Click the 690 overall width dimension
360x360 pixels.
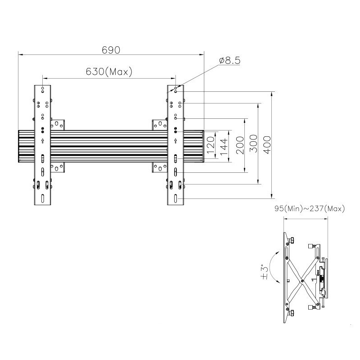point(111,50)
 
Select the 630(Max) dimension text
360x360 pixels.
point(109,72)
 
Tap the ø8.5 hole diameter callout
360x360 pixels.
point(229,60)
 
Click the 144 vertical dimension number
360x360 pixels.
point(224,147)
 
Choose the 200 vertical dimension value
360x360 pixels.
point(240,145)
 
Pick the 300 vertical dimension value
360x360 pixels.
point(253,144)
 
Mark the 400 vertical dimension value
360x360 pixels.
point(267,145)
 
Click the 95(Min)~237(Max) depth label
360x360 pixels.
point(310,209)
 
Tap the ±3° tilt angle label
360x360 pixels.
point(265,273)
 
